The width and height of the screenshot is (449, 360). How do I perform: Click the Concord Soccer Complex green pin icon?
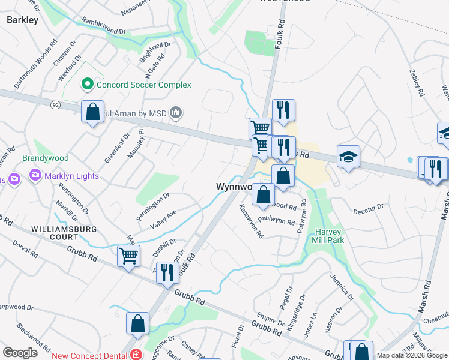coord(88,85)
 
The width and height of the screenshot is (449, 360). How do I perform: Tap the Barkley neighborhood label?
coord(22,20)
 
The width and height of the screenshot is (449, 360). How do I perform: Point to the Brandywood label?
coord(46,158)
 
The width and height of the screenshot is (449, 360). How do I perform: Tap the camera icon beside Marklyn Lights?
coord(35,176)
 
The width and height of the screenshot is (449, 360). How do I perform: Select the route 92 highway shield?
coord(56,104)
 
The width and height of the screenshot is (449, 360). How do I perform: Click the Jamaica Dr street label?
coord(342,287)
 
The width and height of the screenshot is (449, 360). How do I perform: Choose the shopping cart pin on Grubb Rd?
coord(128,256)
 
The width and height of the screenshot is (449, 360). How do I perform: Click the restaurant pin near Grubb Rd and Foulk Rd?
coord(167,272)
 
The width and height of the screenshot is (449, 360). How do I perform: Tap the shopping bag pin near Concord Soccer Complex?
coord(92,112)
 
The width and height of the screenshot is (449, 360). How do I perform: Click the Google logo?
coord(20,352)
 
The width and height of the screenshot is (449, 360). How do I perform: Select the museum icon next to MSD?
coord(176,112)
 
